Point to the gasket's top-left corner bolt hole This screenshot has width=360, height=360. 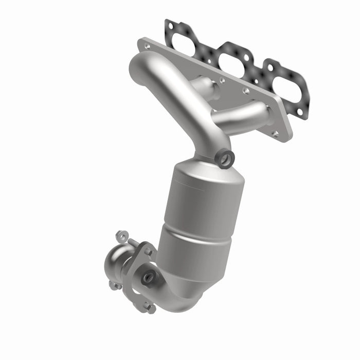pos(169,24)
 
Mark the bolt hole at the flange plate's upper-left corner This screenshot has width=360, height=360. pos(148,46)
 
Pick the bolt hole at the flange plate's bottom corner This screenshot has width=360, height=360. pos(276,133)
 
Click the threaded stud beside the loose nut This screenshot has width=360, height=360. pos(133,242)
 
